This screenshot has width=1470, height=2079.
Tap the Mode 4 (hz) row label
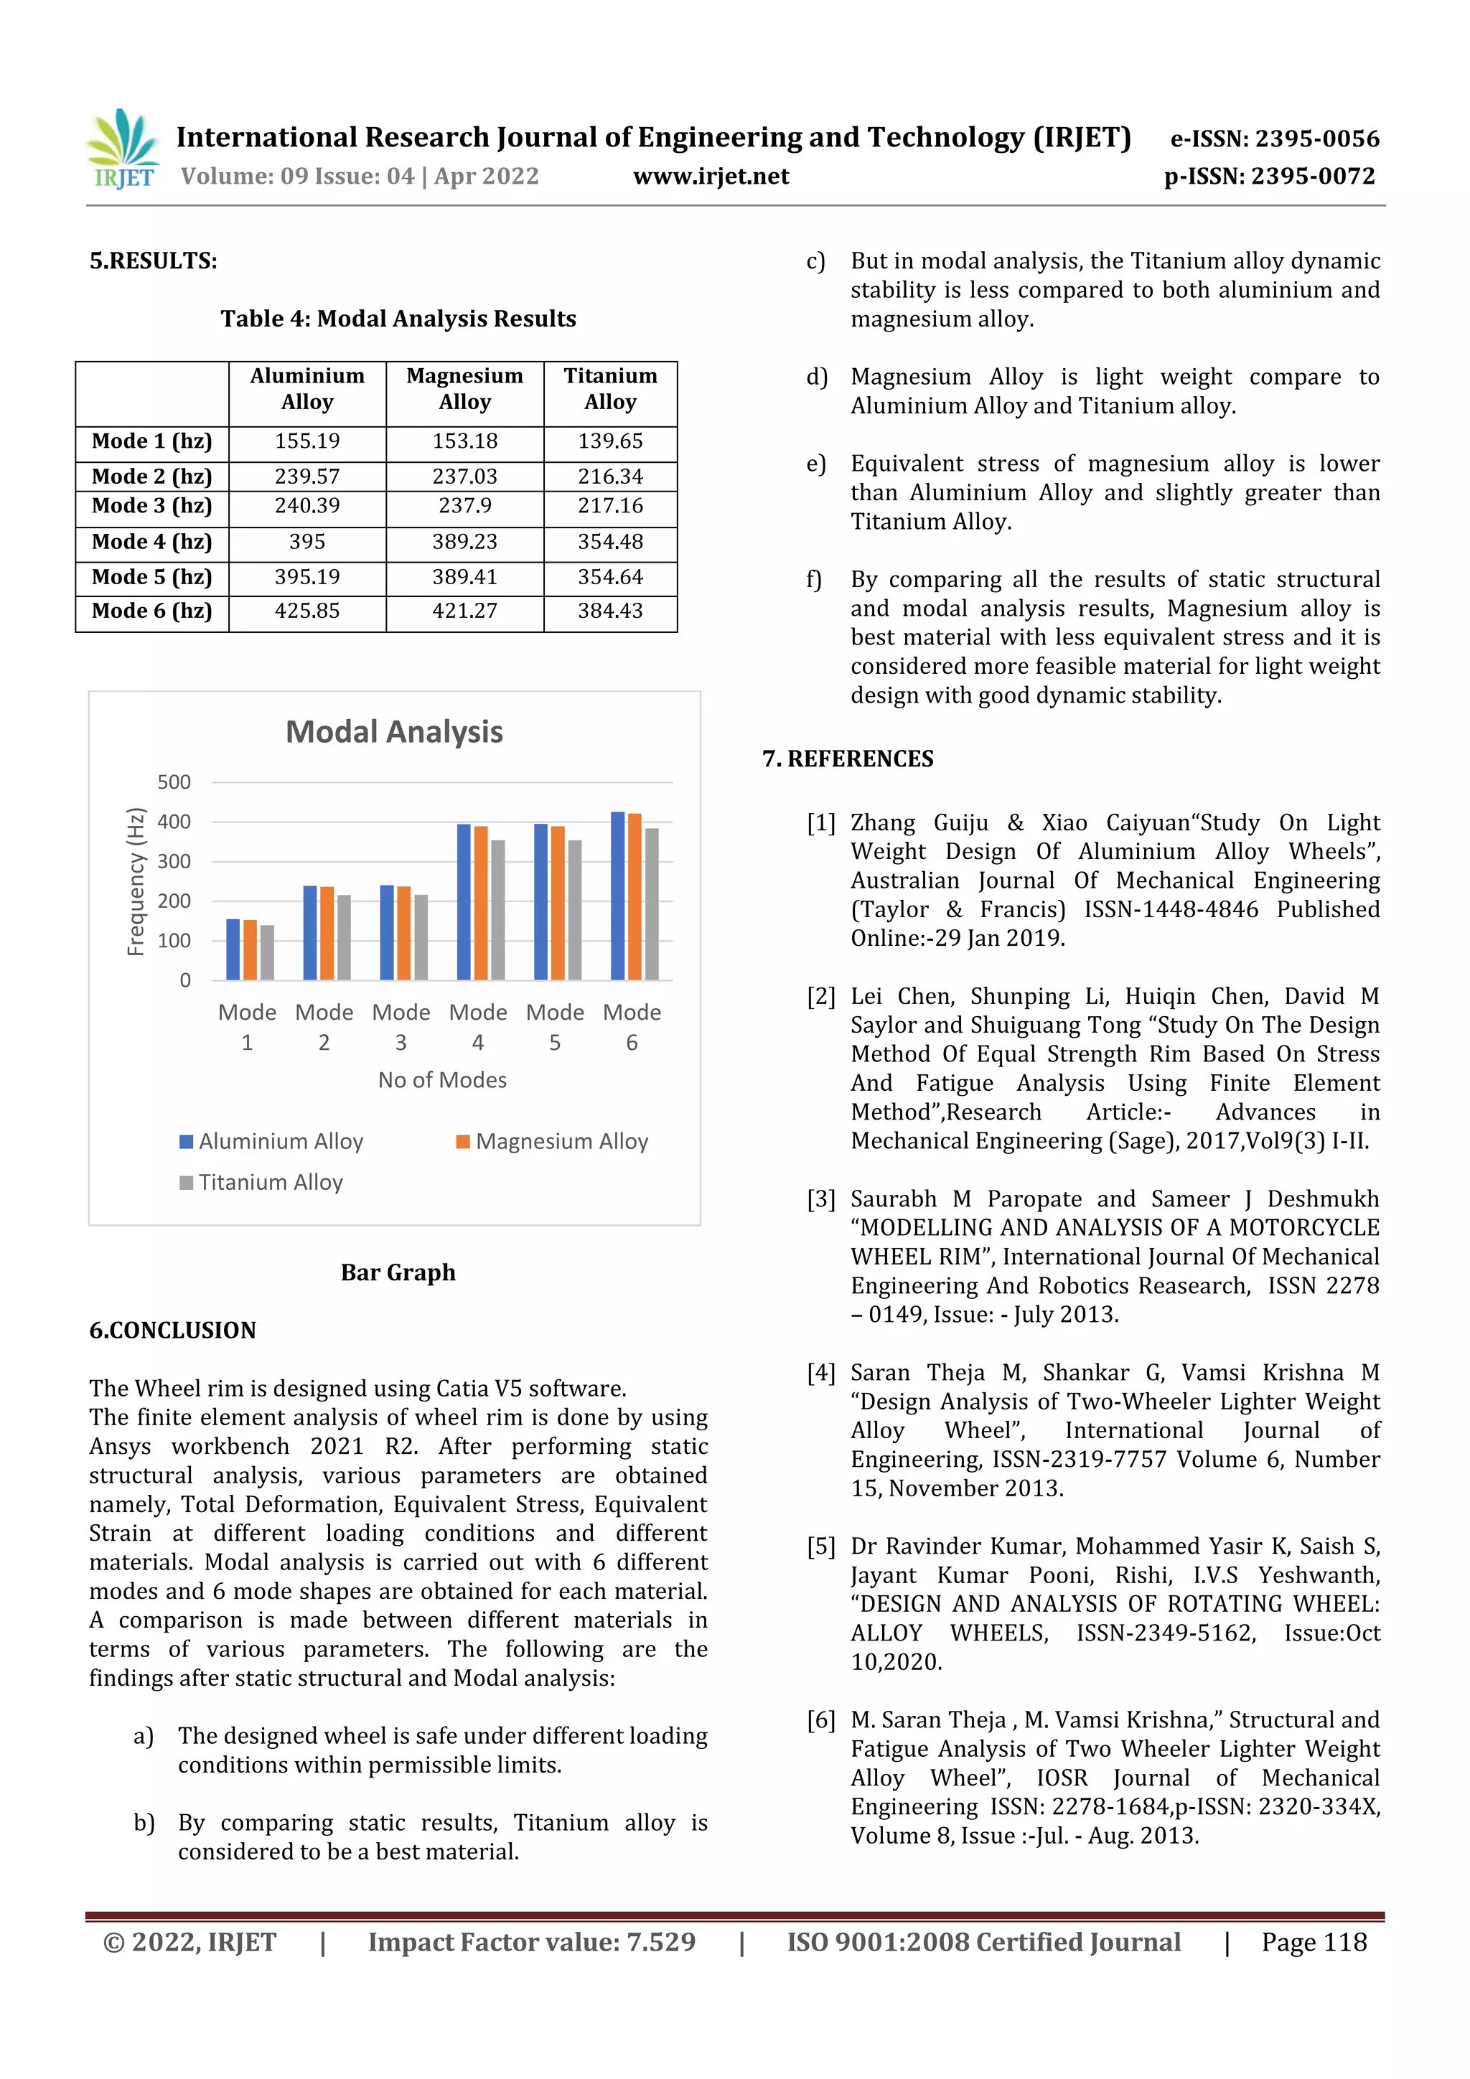point(151,542)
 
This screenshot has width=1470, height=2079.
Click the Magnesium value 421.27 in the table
point(464,611)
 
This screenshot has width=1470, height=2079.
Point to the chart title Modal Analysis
point(394,732)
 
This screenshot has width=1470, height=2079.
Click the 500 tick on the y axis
point(174,782)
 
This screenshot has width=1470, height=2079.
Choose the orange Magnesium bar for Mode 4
point(481,903)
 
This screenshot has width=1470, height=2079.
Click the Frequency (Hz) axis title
point(135,881)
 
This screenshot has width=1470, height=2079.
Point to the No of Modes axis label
point(442,1080)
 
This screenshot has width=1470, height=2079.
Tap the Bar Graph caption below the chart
point(398,1272)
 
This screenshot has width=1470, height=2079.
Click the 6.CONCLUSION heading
point(172,1331)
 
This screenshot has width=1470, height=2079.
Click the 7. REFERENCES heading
point(848,759)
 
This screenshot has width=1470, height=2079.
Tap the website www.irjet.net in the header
point(711,177)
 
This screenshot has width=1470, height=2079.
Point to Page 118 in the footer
point(1314,1942)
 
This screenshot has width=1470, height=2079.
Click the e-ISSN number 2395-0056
point(1317,139)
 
